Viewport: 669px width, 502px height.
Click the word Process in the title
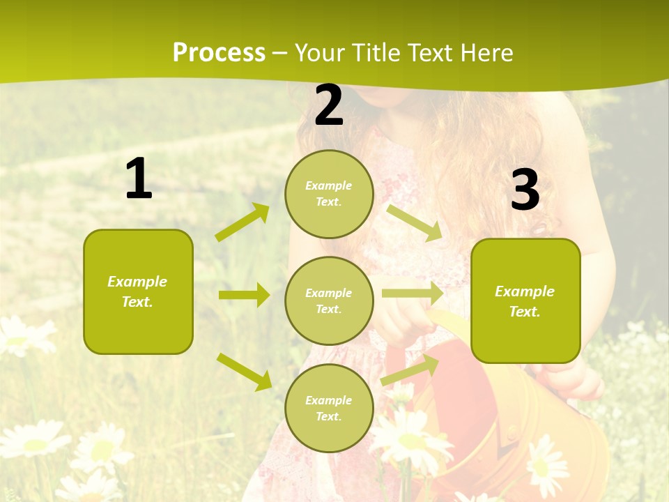coord(219,53)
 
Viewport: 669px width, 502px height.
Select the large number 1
coord(139,179)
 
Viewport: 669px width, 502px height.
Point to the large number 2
coord(329,106)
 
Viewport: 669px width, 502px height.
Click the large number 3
coord(525,190)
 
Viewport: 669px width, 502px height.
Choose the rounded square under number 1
coord(138,291)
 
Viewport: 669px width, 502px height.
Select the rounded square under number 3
coord(525,301)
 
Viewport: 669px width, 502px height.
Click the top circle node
coord(329,194)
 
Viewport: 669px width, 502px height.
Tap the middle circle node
coord(329,301)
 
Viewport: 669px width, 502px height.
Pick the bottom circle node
coord(329,409)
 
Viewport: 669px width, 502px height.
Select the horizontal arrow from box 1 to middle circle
coord(244,295)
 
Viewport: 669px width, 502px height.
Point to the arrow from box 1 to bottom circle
coord(245,372)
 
